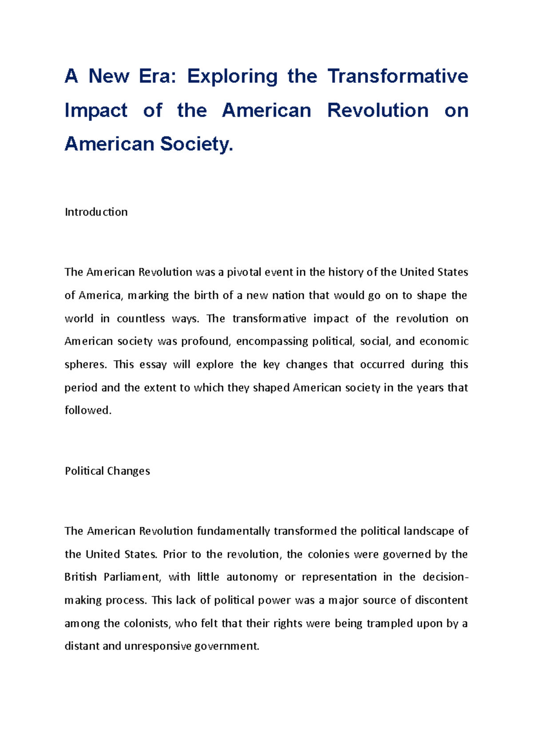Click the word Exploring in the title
tap(232, 76)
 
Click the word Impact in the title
tap(96, 110)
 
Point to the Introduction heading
tap(96, 212)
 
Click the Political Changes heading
tap(107, 471)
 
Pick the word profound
tap(205, 341)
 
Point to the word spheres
tap(85, 365)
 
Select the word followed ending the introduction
tap(88, 410)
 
